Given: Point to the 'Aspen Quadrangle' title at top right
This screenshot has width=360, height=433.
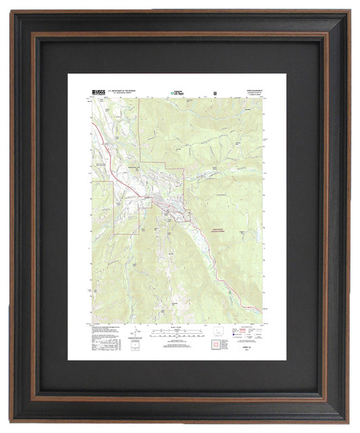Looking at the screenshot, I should coord(254,90).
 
